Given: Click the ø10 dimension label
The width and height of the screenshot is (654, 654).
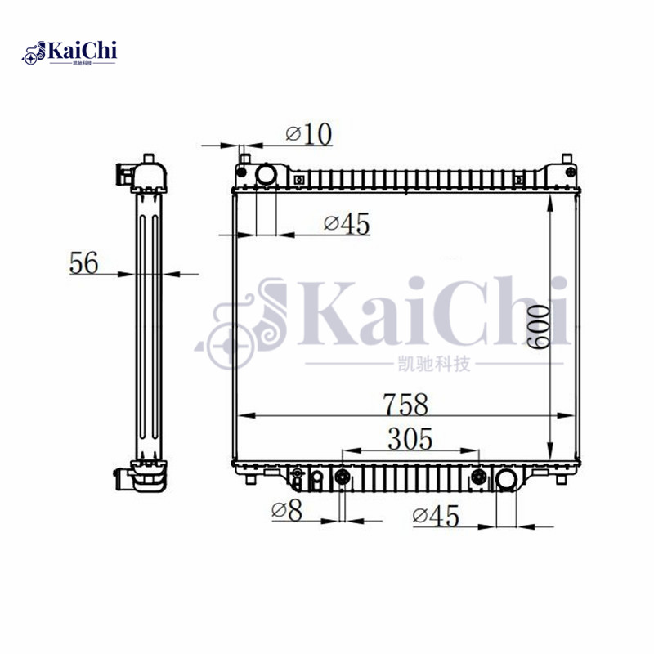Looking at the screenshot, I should tap(308, 133).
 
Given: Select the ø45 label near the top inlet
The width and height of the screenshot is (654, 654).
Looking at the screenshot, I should tap(347, 222).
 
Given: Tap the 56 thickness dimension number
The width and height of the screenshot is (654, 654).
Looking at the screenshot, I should tap(83, 263).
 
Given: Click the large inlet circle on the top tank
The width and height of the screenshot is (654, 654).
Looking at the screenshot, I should tap(266, 174).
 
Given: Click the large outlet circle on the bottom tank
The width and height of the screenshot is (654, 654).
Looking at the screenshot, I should tap(506, 478).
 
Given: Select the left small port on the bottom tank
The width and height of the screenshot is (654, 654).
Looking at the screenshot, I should tap(342, 477).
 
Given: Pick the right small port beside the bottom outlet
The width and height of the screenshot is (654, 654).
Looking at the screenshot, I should tap(479, 478).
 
